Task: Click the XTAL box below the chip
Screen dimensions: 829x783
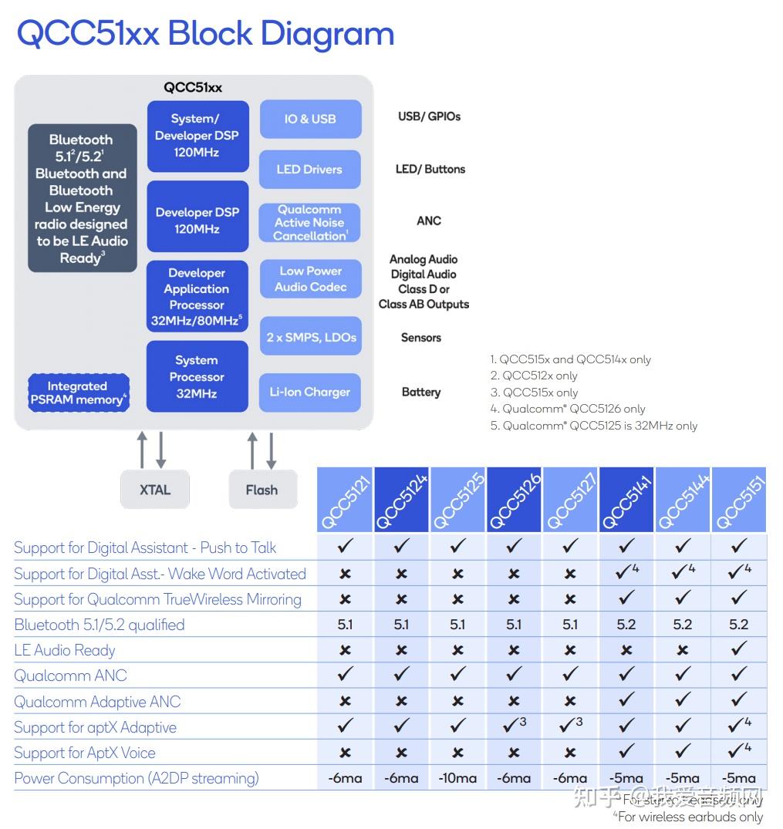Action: click(x=155, y=490)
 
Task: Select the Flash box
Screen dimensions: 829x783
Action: click(x=262, y=490)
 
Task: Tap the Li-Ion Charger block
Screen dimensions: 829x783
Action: click(x=310, y=392)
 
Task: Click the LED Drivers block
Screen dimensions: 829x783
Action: click(x=310, y=170)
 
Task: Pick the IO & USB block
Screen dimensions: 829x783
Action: click(x=310, y=119)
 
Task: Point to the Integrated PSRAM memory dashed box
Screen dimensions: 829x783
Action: click(x=78, y=393)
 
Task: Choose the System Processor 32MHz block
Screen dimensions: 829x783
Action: click(x=197, y=376)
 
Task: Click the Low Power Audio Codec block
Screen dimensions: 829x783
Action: click(x=310, y=279)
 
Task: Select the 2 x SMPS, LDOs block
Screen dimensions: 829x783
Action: click(x=310, y=338)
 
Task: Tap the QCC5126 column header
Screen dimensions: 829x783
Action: click(x=515, y=500)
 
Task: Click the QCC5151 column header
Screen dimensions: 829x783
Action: click(x=738, y=500)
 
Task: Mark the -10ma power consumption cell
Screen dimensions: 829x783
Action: click(x=457, y=778)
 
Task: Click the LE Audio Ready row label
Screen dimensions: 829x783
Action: click(x=65, y=650)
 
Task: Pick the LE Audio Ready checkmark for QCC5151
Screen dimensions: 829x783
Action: click(x=738, y=650)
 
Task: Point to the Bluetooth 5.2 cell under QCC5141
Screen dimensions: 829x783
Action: click(x=626, y=625)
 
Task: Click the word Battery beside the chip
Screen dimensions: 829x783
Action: click(x=421, y=392)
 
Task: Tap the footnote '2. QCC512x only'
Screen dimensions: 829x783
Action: click(x=534, y=376)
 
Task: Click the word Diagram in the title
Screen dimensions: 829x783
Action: click(x=327, y=34)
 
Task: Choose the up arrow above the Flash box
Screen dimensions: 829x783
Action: click(x=252, y=450)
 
